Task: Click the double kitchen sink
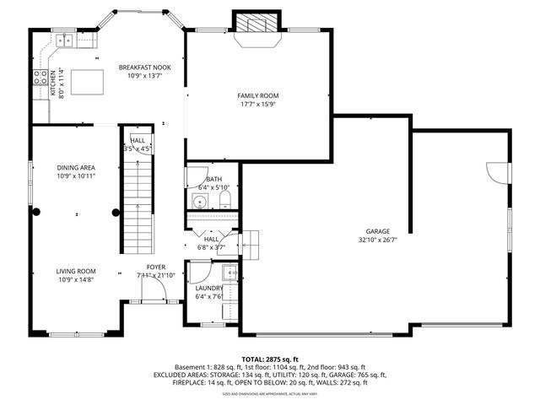tap(64, 40)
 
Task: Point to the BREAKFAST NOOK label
tap(145, 67)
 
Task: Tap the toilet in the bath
tap(225, 199)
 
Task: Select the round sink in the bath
tap(200, 201)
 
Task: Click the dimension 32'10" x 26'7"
tap(377, 240)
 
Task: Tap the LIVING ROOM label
tap(76, 271)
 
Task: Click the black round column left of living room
tap(35, 213)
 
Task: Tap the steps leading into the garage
tap(250, 242)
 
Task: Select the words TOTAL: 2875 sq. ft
tap(270, 359)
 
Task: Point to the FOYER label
tap(156, 267)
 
